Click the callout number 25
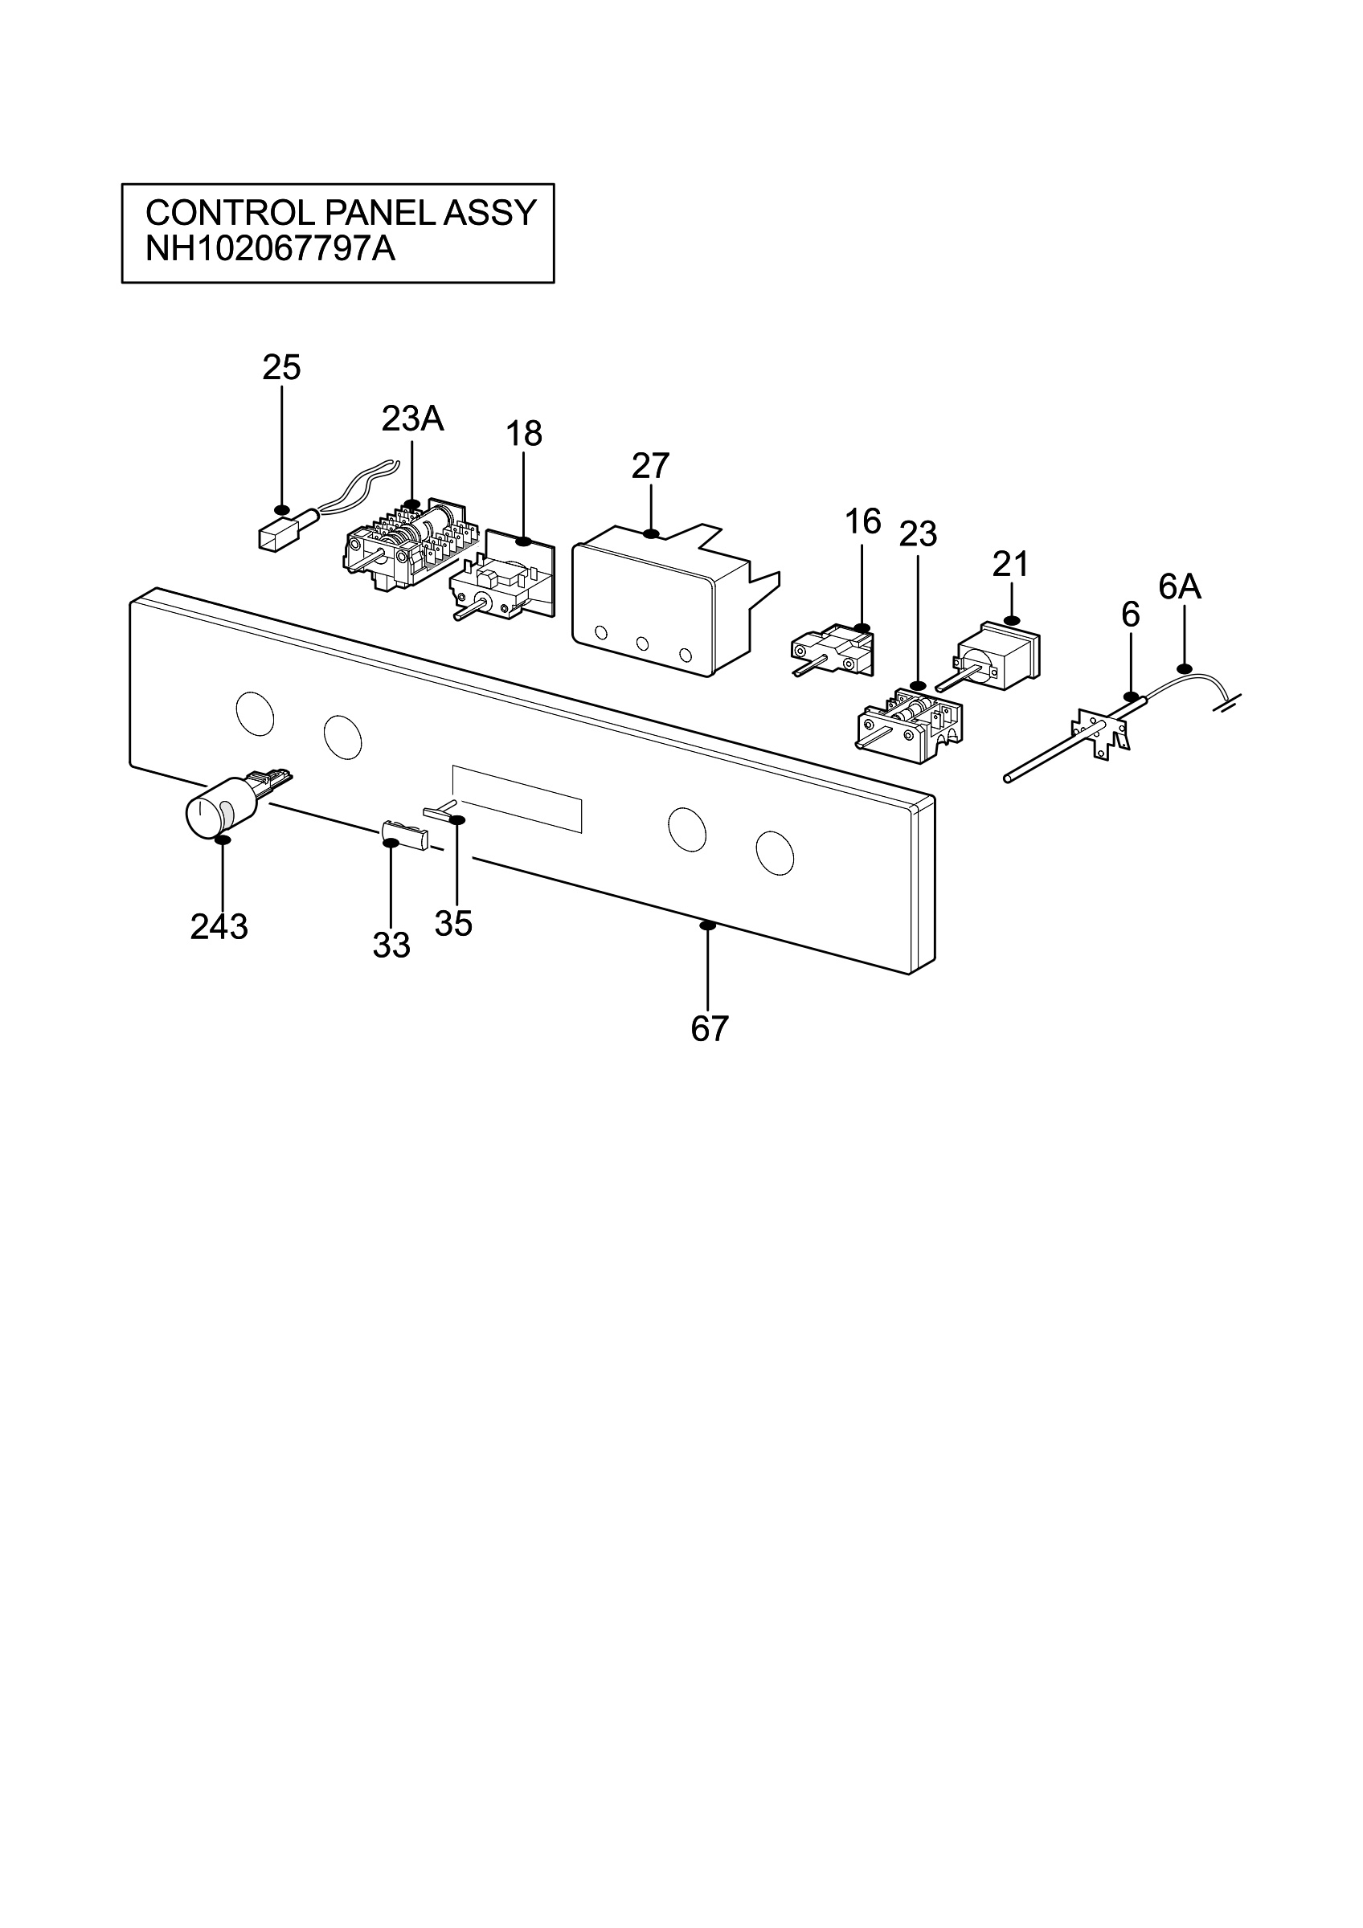tap(281, 368)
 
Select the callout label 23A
tap(412, 419)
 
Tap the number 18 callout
tap(524, 434)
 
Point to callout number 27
tap(651, 466)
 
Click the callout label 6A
tap(1180, 588)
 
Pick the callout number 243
tap(219, 927)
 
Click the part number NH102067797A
tap(270, 249)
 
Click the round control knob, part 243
tap(211, 808)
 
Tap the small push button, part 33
tap(405, 835)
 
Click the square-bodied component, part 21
tap(1000, 655)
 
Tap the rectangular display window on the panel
tap(518, 798)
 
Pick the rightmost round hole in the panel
tap(776, 853)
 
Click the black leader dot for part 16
tap(862, 628)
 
